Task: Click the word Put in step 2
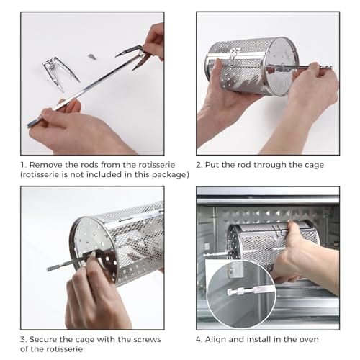click(218, 165)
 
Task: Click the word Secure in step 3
click(48, 338)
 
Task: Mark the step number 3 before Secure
click(23, 338)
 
